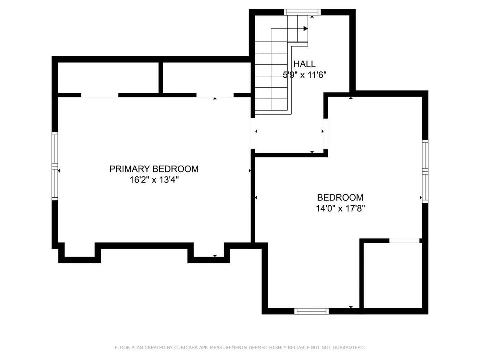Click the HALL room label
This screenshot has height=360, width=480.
tap(304, 64)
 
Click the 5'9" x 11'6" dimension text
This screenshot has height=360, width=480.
tap(304, 75)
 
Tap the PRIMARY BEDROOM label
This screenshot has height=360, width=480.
tap(154, 169)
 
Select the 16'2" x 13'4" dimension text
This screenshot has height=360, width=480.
tap(154, 180)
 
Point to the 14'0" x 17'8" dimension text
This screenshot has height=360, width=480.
tap(340, 208)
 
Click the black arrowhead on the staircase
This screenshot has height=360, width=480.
tap(305, 28)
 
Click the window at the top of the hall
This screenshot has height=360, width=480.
tap(302, 12)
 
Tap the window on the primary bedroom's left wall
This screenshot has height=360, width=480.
tap(55, 166)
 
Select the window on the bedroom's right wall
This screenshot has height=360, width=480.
tap(425, 171)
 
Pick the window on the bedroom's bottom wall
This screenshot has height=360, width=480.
tap(311, 311)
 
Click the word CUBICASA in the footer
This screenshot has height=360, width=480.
tap(184, 347)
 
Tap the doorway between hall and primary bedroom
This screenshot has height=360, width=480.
tap(253, 133)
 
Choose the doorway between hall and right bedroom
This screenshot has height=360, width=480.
tap(326, 134)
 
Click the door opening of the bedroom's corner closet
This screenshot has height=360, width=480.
tap(404, 241)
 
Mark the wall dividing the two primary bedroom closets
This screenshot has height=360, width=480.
tap(161, 78)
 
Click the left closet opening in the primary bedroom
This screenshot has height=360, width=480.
tap(100, 95)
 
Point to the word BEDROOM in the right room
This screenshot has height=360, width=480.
tap(340, 198)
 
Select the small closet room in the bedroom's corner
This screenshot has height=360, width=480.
tap(393, 275)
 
